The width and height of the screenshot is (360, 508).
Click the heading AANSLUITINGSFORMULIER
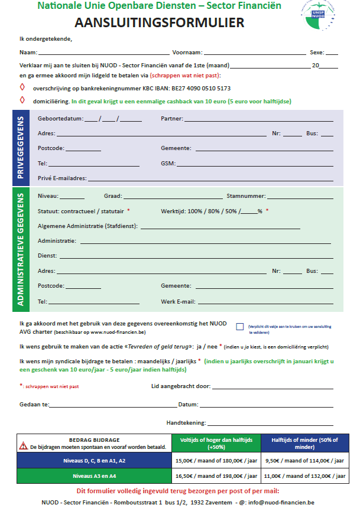[x=160, y=24]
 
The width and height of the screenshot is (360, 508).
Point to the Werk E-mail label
[x=178, y=301]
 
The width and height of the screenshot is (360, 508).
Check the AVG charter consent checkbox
[x=239, y=326]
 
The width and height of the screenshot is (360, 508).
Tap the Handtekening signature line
[x=272, y=424]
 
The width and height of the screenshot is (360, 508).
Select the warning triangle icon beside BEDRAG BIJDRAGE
[x=24, y=444]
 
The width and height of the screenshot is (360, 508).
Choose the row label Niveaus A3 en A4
[x=95, y=476]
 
